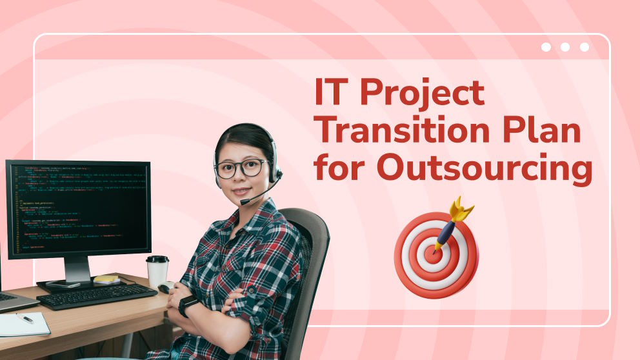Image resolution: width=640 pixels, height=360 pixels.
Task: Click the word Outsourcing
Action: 484,168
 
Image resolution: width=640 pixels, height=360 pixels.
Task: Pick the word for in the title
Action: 340,168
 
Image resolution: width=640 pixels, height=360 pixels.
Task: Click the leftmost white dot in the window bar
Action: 546,47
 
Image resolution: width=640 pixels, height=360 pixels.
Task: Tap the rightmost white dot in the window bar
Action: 584,47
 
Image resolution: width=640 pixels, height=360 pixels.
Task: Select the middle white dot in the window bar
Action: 565,47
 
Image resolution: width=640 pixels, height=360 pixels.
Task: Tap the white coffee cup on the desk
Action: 157,270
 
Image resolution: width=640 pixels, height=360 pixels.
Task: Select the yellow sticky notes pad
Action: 106,279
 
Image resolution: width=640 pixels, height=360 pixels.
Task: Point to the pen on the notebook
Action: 25,319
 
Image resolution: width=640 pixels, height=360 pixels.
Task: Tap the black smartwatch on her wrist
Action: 188,305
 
